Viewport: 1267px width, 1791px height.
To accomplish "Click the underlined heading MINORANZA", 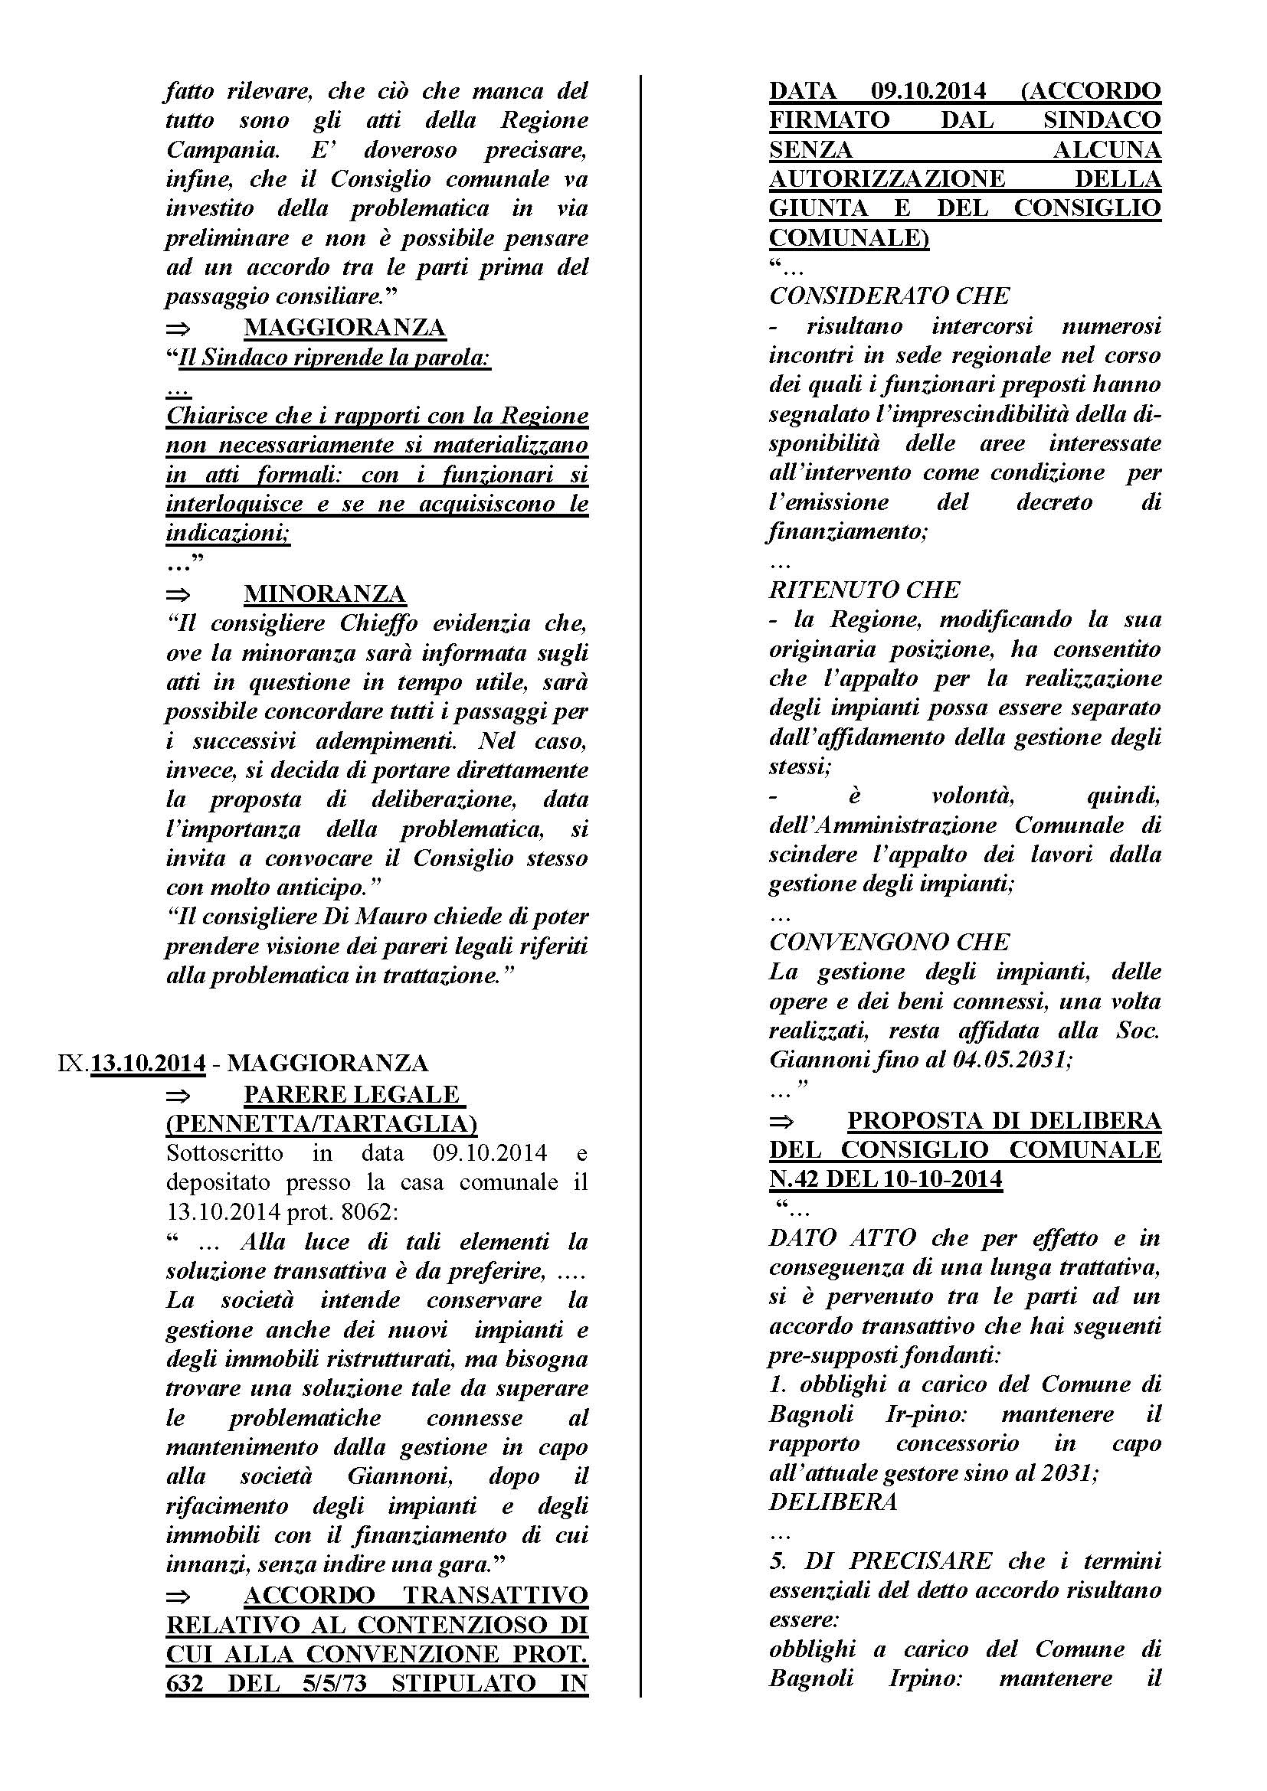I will [325, 594].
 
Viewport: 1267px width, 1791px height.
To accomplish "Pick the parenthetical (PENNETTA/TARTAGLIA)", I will [322, 1124].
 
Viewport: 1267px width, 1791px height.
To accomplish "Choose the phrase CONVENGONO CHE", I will [889, 943].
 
